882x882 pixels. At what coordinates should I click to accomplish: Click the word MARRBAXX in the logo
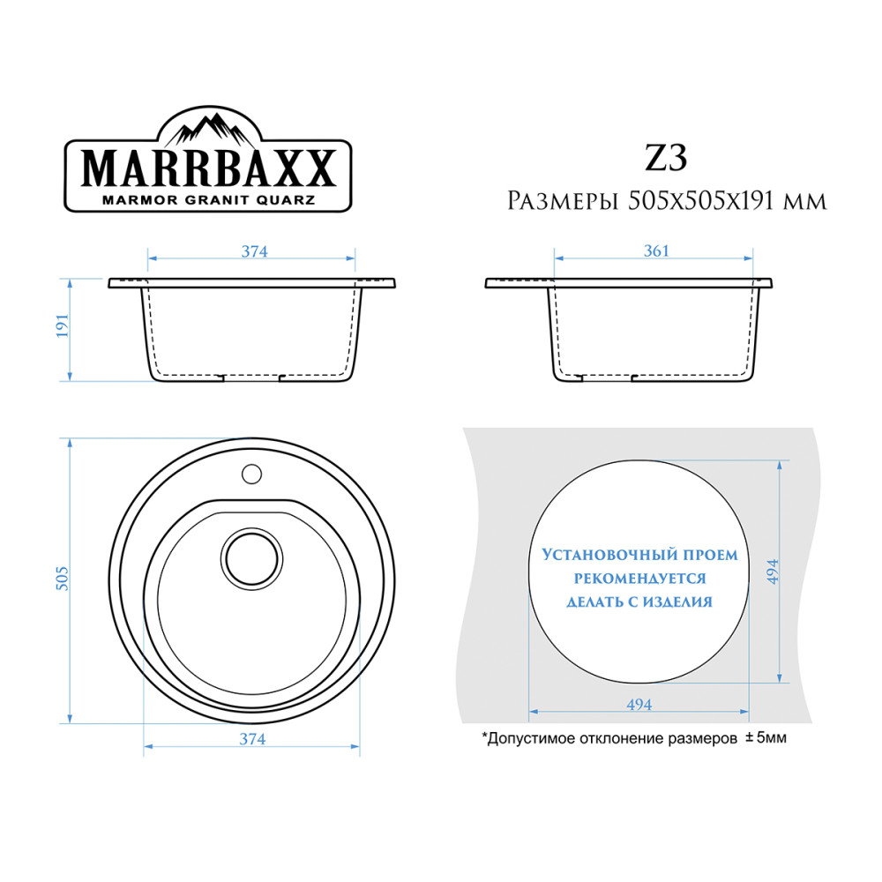209,168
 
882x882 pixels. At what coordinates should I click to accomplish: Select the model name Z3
666,158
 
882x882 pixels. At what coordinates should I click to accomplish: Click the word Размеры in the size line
563,201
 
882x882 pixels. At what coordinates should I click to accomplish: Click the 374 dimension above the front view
254,251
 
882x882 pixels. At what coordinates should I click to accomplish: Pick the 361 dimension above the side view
656,250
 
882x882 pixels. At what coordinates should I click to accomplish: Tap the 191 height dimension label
62,325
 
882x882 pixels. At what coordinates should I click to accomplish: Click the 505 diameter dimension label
62,579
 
